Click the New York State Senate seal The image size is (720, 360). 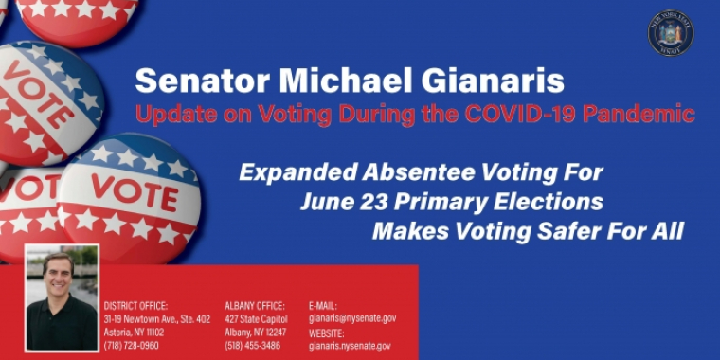click(671, 33)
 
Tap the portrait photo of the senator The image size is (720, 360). click(62, 298)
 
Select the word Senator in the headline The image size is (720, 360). click(193, 81)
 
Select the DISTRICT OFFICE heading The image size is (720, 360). click(135, 306)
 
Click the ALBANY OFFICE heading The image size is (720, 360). click(255, 306)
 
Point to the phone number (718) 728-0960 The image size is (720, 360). click(132, 346)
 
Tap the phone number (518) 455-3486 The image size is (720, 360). click(253, 346)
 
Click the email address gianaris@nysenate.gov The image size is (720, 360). click(352, 318)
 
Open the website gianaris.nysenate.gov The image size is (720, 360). click(350, 346)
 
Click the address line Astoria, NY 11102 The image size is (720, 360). click(134, 333)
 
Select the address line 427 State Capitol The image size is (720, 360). click(256, 319)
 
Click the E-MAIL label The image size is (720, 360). click(323, 306)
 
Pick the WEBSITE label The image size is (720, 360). click(327, 333)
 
